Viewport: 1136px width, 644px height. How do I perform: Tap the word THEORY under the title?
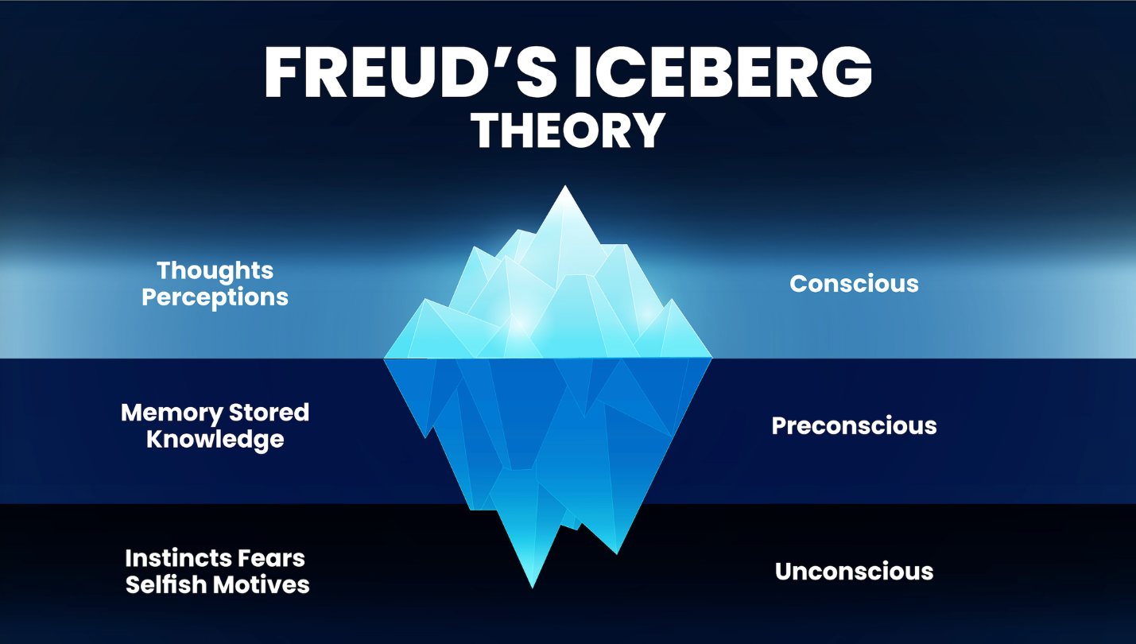568,130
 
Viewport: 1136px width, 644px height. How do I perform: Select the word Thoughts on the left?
215,270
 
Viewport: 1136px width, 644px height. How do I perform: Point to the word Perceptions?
215,297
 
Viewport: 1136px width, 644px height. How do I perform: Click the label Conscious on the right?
854,284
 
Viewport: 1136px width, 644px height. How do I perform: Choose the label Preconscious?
854,425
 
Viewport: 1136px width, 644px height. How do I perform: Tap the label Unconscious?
854,571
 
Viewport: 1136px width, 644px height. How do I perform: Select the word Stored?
269,413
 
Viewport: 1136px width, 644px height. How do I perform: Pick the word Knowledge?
215,439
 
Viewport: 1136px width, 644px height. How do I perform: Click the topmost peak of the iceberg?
565,188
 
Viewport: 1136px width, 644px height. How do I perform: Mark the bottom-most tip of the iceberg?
532,586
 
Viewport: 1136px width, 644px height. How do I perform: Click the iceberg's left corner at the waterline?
385,358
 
